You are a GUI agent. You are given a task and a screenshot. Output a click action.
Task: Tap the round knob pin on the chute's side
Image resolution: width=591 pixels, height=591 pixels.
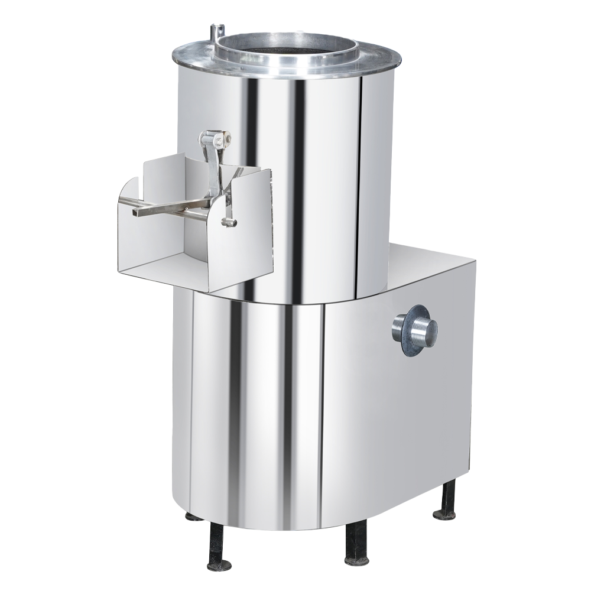pyautogui.click(x=230, y=222)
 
